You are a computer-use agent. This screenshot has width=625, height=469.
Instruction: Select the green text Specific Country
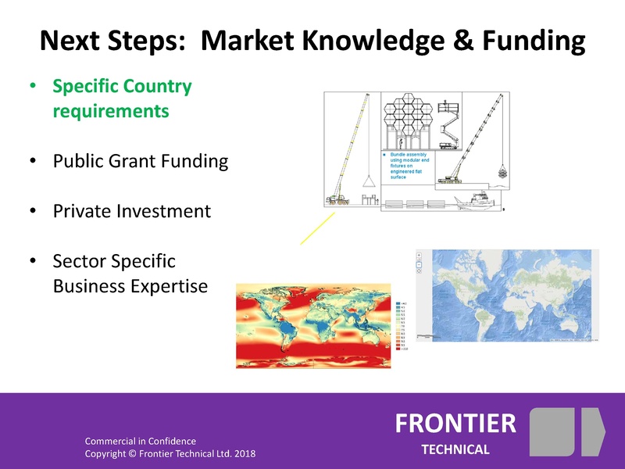(122, 86)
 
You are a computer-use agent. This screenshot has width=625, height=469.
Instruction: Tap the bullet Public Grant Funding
(140, 162)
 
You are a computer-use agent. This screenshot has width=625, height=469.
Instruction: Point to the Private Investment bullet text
(131, 211)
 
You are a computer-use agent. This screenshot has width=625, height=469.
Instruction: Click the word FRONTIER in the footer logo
(455, 423)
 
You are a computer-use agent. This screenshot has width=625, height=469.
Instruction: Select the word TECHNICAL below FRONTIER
(455, 449)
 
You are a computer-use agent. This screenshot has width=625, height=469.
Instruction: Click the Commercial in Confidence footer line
(140, 441)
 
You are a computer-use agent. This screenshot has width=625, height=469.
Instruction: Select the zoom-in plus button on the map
(420, 256)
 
